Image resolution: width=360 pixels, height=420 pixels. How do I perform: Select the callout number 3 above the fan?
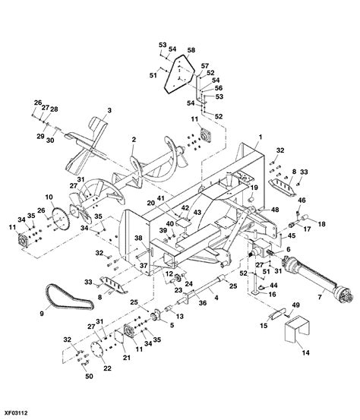(x=109, y=111)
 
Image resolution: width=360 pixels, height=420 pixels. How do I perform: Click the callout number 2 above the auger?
(x=134, y=140)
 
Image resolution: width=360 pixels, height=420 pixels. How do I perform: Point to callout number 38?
(x=138, y=237)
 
